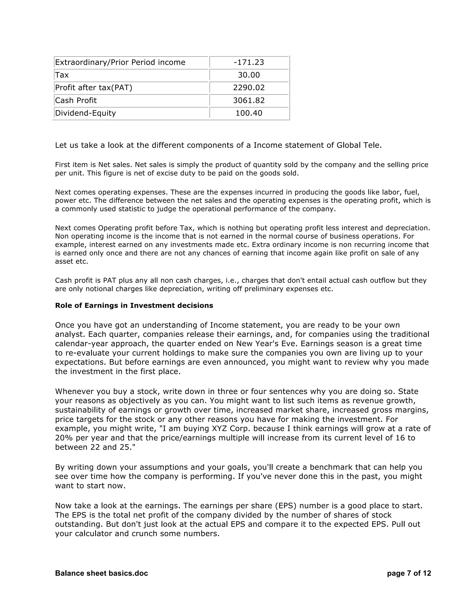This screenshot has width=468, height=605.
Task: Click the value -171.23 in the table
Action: (249, 62)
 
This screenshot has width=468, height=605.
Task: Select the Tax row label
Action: (62, 75)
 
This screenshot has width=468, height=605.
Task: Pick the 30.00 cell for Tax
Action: (249, 75)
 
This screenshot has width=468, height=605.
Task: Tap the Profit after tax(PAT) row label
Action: (94, 88)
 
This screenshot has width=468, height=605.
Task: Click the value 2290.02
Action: (249, 88)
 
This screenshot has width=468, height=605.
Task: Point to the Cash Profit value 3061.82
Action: (249, 100)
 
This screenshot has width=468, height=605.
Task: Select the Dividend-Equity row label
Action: (85, 113)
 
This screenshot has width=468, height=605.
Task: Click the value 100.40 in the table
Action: (249, 113)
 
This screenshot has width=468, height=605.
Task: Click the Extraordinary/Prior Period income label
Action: (120, 62)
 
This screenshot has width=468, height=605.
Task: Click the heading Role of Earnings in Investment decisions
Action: (134, 305)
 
